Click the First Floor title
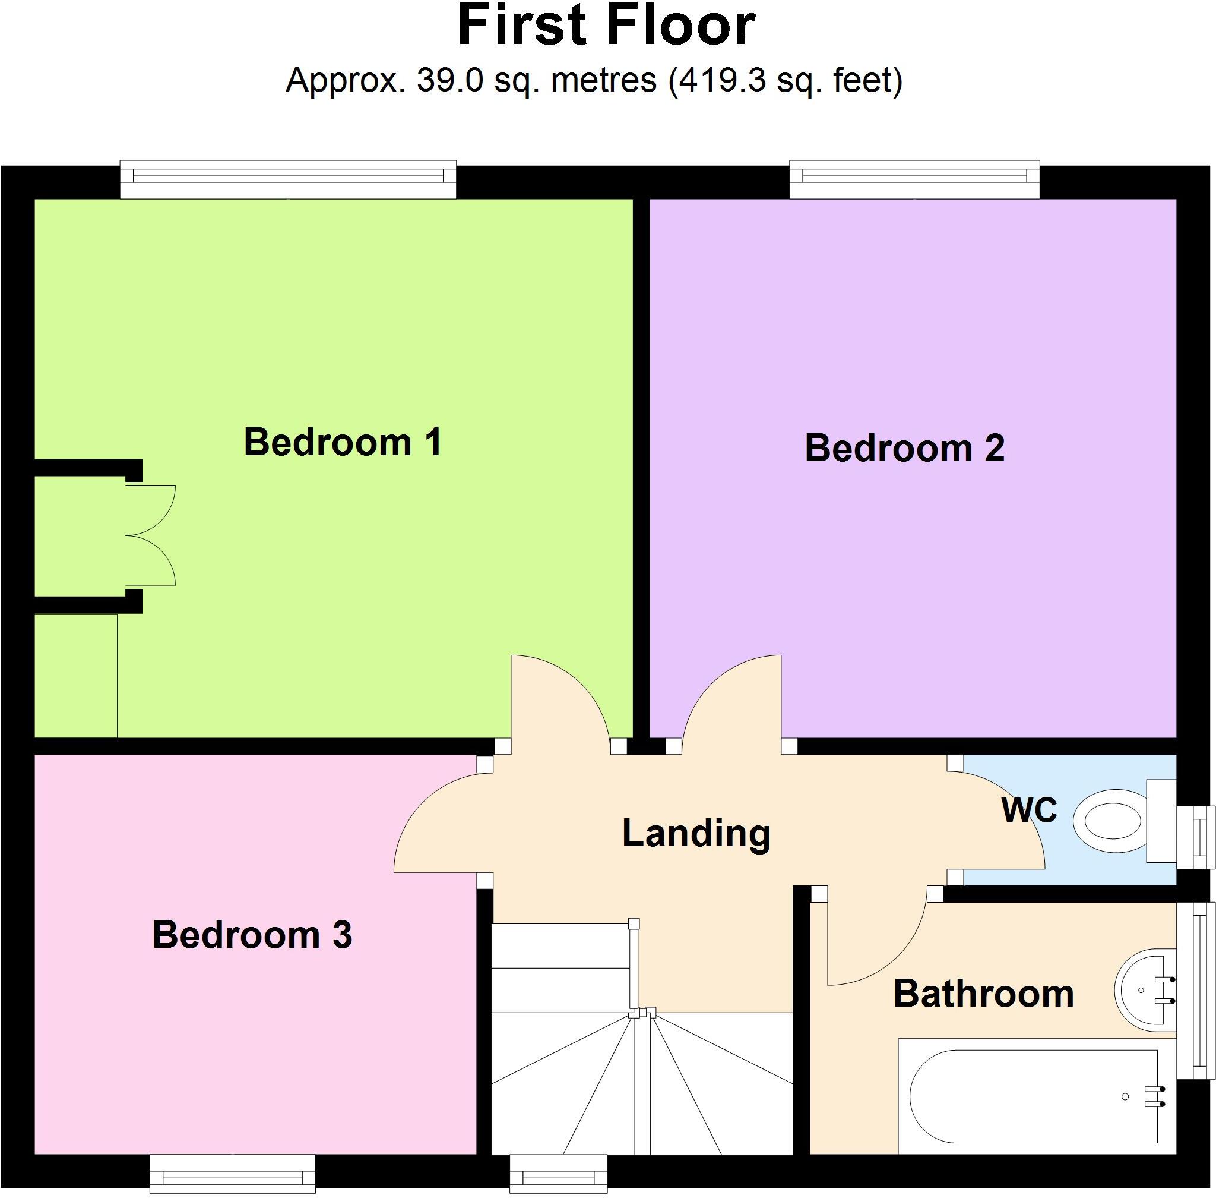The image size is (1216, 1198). click(x=607, y=26)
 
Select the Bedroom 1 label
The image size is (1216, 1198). click(x=343, y=442)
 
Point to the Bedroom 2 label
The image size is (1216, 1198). click(x=904, y=448)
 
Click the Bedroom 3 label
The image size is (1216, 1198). click(x=252, y=934)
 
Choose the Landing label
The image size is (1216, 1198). click(x=696, y=833)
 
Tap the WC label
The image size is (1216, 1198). click(x=1029, y=810)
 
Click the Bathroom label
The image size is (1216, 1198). click(x=983, y=994)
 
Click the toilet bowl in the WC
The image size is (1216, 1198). click(x=1108, y=821)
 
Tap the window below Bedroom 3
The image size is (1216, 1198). click(x=232, y=1174)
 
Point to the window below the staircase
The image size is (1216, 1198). click(x=558, y=1174)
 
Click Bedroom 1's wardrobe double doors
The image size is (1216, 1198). click(x=151, y=535)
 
